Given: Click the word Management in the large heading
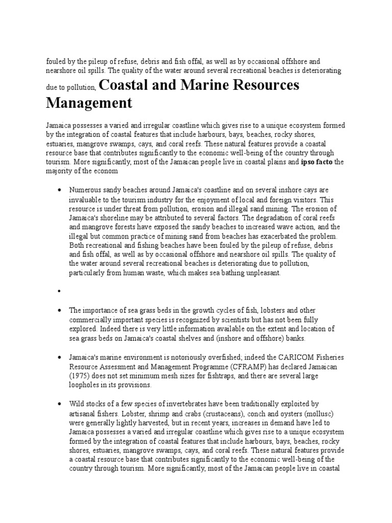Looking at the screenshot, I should pyautogui.click(x=89, y=103).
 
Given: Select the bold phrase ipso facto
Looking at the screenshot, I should pyautogui.click(x=316, y=162).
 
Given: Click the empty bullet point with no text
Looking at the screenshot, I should pyautogui.click(x=60, y=291).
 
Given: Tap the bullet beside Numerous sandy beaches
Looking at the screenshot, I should pyautogui.click(x=60, y=189).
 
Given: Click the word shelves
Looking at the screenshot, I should pyautogui.click(x=200, y=338).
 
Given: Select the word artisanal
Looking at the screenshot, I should pyautogui.click(x=84, y=413).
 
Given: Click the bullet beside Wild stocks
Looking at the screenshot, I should pyautogui.click(x=60, y=404).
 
